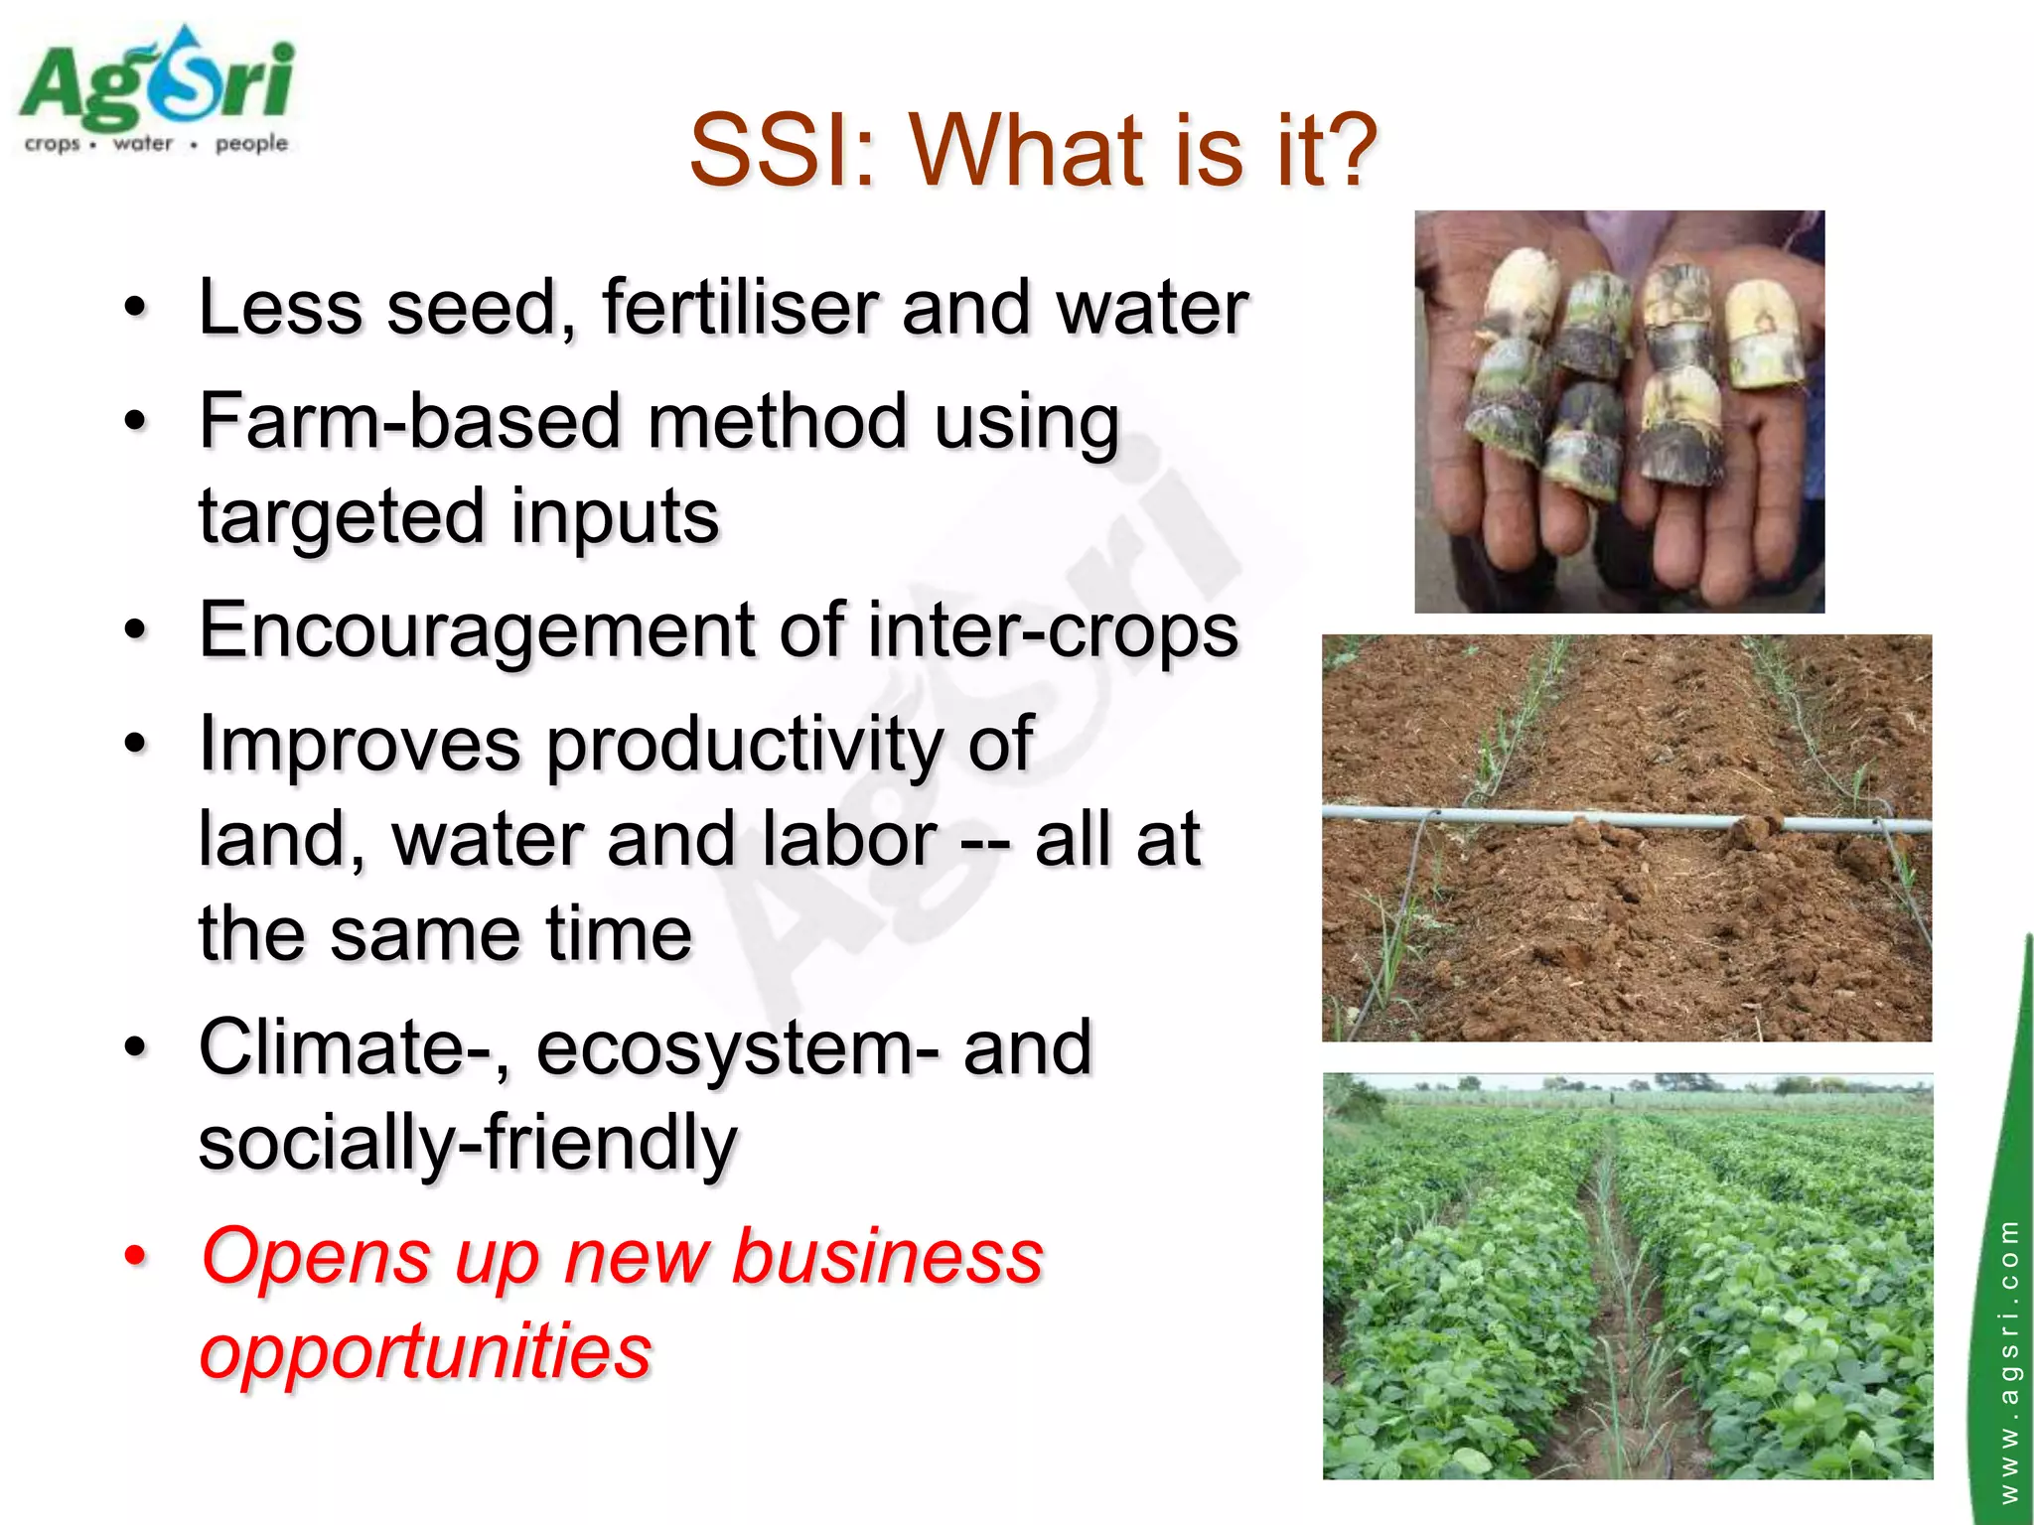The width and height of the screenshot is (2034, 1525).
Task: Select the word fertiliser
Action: (x=739, y=308)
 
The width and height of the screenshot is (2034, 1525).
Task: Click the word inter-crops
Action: (x=1053, y=631)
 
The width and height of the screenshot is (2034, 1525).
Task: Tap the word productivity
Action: (x=744, y=745)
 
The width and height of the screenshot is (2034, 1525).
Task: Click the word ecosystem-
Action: (x=736, y=1048)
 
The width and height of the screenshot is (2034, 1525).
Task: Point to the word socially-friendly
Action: (x=467, y=1144)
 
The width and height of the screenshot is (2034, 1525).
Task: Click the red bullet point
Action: (x=135, y=1257)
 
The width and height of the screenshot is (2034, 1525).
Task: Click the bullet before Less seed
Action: (x=135, y=309)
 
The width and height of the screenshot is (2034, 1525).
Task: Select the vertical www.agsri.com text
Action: (x=2008, y=1360)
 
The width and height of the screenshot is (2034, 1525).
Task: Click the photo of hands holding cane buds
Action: (x=1619, y=411)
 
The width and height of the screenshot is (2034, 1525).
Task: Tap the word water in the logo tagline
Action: (x=143, y=144)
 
